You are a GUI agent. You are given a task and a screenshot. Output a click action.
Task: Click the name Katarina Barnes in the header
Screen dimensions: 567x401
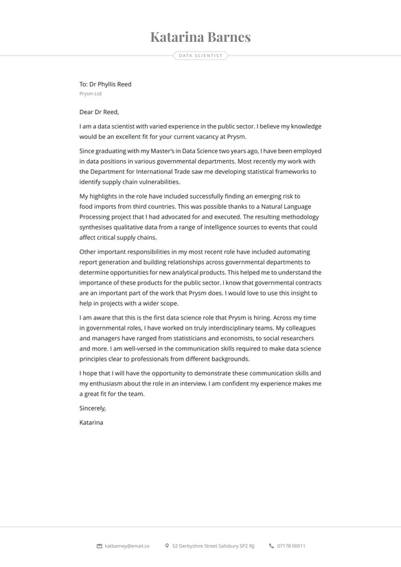click(x=200, y=37)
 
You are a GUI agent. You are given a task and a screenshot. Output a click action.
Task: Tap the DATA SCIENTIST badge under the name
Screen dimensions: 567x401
click(x=200, y=56)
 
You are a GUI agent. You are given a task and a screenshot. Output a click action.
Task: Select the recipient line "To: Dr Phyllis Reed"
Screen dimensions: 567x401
click(x=105, y=85)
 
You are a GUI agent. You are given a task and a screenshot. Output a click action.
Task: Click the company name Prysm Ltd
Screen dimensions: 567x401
click(x=91, y=93)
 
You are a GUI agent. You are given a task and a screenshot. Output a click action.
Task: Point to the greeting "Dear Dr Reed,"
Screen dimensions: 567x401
click(x=99, y=112)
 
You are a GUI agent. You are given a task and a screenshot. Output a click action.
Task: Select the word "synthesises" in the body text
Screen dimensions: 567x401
click(x=98, y=227)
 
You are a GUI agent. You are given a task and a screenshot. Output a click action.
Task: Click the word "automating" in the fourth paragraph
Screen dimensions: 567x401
click(x=290, y=252)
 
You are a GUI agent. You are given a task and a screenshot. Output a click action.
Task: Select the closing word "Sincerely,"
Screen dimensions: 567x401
click(x=93, y=408)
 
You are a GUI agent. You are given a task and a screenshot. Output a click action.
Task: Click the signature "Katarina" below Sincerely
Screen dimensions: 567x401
click(x=91, y=423)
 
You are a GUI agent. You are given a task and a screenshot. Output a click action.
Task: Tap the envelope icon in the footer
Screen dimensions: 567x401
click(x=100, y=546)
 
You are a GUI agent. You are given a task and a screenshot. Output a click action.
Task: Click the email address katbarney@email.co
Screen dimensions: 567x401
click(x=127, y=546)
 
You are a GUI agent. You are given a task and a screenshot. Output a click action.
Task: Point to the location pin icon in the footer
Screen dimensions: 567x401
click(x=167, y=546)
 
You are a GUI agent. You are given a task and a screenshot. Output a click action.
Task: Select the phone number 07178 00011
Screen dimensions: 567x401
click(x=291, y=546)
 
